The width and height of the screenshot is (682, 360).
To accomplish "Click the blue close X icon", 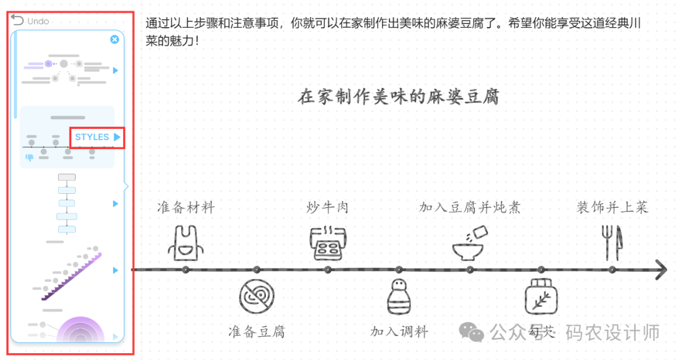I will [x=114, y=39].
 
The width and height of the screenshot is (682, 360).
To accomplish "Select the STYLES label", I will [x=92, y=137].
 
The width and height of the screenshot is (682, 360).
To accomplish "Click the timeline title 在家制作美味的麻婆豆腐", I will [x=398, y=97].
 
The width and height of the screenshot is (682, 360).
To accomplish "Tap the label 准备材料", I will [x=186, y=207].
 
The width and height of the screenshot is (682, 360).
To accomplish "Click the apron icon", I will [x=186, y=243].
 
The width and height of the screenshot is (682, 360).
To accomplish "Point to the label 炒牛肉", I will [x=327, y=207].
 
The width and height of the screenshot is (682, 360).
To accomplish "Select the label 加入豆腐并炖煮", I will [x=470, y=207].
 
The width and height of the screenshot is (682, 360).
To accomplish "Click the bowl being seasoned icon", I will [x=470, y=243].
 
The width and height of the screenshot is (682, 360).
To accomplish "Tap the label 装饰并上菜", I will [x=612, y=207].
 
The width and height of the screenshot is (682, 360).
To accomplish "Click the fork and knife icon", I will [x=612, y=243].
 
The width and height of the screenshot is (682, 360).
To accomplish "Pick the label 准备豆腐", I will [x=256, y=332].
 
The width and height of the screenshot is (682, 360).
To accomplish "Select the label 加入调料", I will [x=398, y=332].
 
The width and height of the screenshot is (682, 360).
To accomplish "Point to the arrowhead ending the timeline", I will [x=661, y=270].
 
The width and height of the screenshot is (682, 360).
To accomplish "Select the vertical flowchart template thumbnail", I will [x=66, y=203].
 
